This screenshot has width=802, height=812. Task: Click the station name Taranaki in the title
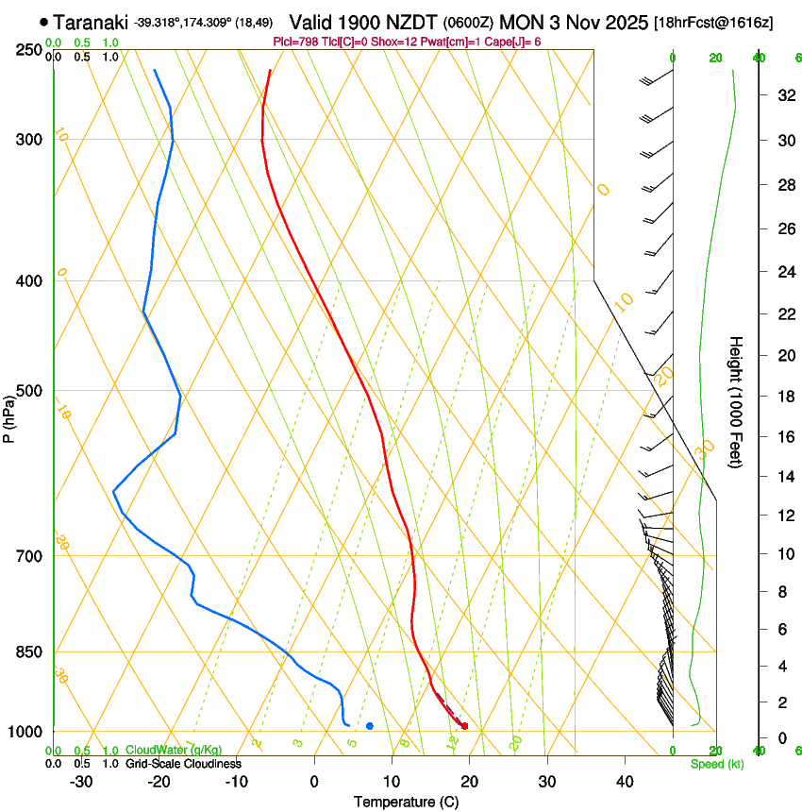click(91, 22)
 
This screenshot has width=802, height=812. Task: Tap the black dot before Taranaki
click(43, 22)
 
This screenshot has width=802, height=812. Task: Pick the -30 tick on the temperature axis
click(81, 782)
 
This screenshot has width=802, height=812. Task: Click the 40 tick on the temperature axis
click(625, 782)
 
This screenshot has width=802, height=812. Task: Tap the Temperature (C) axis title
click(406, 802)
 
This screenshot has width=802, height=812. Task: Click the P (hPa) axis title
click(9, 415)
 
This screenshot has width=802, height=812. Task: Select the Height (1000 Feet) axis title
click(737, 401)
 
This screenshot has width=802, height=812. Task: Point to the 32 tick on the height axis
click(783, 95)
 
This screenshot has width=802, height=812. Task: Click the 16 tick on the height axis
click(783, 436)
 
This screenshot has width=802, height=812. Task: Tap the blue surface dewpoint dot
click(370, 726)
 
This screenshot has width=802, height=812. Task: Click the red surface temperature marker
click(464, 726)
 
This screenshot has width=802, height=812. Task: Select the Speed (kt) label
click(717, 764)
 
